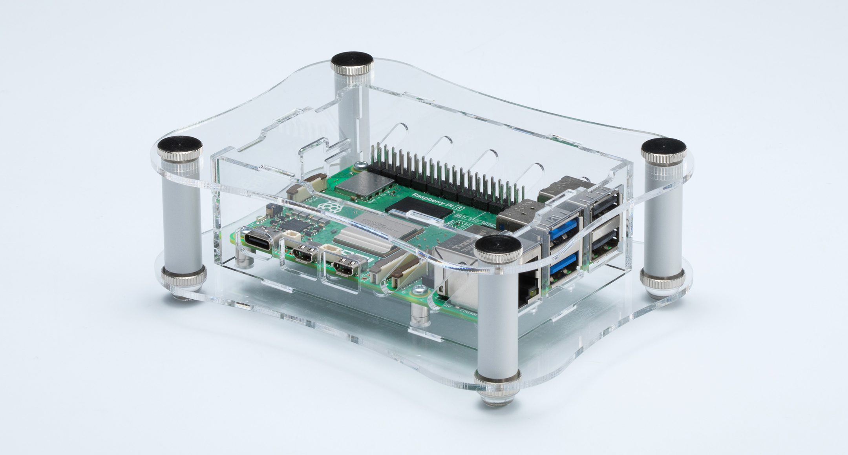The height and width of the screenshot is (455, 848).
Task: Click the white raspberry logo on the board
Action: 328,207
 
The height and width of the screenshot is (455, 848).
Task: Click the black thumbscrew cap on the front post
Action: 498,246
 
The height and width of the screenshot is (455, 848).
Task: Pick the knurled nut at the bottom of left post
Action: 183,277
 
